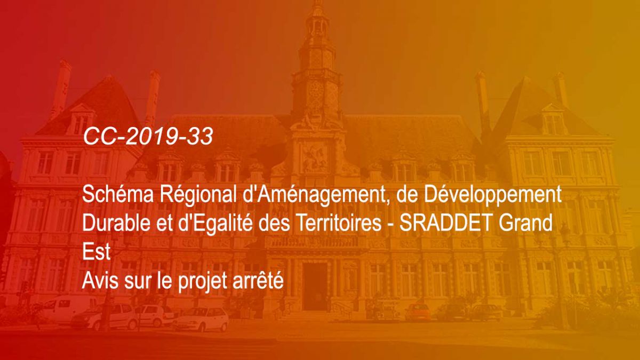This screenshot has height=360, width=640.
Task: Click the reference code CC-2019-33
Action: tap(148, 137)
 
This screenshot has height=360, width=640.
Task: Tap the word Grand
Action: tap(526, 223)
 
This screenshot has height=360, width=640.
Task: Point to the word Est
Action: tap(96, 252)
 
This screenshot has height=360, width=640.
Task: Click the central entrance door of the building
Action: tap(315, 286)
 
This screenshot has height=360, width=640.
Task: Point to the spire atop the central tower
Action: tap(317, 11)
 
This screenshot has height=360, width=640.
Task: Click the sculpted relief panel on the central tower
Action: tap(315, 158)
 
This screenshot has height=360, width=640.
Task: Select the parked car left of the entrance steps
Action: tap(201, 318)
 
